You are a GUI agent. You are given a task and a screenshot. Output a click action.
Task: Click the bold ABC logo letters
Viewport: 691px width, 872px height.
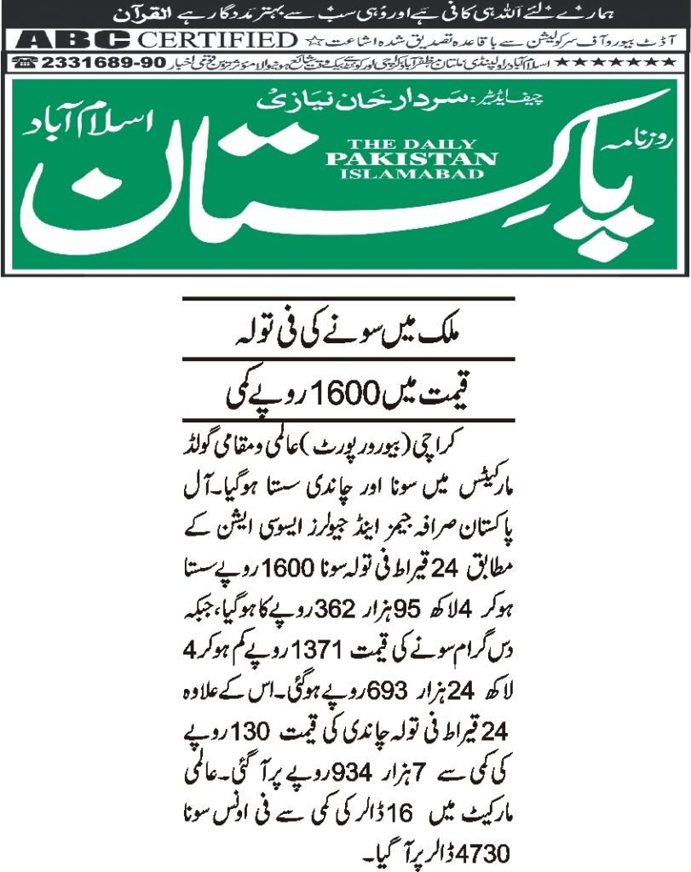pyautogui.click(x=72, y=40)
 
